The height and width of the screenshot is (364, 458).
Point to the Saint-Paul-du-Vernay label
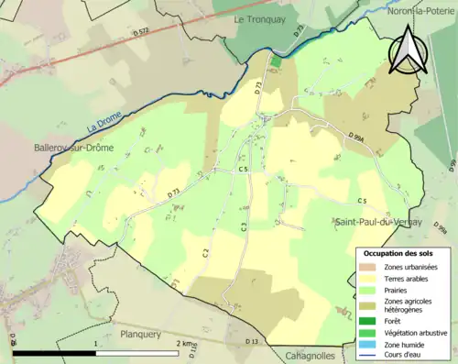[x=372, y=223]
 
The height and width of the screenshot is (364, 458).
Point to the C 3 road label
[x=245, y=226]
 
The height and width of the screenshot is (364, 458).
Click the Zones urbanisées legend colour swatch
[x=368, y=266]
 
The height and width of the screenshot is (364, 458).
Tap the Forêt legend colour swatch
[x=368, y=321]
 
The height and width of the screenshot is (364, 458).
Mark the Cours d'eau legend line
[x=368, y=356]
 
